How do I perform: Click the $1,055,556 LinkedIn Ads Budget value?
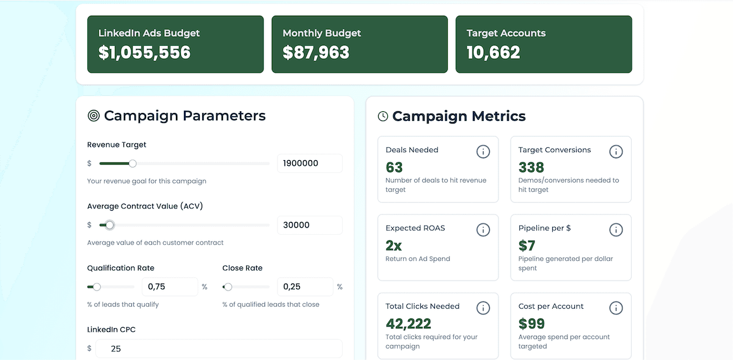pos(144,53)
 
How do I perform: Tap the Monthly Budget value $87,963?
pos(316,53)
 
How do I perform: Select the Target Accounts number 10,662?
pos(493,53)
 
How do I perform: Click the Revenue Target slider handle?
pos(133,163)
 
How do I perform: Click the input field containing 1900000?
pos(309,164)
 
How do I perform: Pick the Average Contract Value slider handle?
pos(110,225)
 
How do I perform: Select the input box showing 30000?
pos(309,225)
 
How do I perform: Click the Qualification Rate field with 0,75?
pos(169,287)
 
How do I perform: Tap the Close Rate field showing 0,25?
pos(304,287)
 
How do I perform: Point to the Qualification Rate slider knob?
pos(97,287)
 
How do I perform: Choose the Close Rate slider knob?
pos(228,287)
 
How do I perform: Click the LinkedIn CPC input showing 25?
pos(219,348)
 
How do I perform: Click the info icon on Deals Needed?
pos(483,152)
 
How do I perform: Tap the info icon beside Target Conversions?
pos(616,152)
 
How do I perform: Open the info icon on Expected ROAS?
pos(483,230)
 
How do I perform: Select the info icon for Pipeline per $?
pos(616,230)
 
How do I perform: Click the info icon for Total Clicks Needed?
pos(483,308)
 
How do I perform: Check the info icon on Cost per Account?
pos(616,308)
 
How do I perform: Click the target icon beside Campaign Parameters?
pos(93,116)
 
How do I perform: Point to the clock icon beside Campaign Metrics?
pos(383,116)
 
